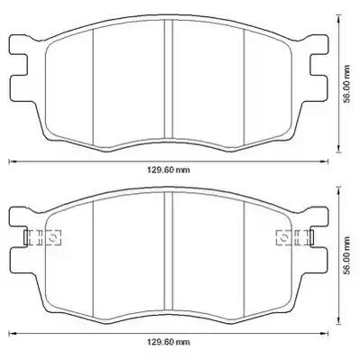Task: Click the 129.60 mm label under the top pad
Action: [169, 171]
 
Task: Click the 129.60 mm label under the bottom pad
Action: [169, 342]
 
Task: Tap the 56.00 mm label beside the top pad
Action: [347, 84]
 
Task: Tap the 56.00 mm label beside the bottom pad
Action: [347, 255]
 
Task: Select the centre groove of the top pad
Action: [169, 78]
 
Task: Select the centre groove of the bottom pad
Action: [169, 251]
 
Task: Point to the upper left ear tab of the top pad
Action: [19, 44]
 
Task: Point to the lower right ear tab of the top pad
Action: [318, 88]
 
